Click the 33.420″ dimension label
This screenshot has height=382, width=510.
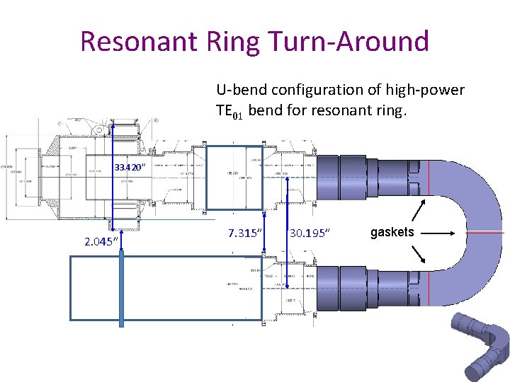[x=130, y=168]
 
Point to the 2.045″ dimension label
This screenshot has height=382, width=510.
[x=101, y=242]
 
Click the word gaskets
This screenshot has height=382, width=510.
[x=392, y=232]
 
